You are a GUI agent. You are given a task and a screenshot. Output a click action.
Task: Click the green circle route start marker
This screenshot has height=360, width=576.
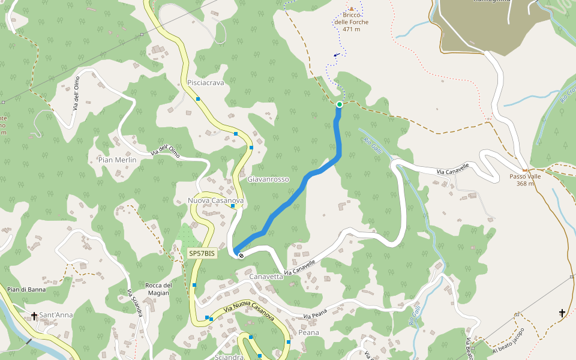339,104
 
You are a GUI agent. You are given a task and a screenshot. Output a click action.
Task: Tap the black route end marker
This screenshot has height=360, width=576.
241,256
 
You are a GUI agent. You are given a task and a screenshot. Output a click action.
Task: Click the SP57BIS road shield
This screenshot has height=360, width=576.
202,254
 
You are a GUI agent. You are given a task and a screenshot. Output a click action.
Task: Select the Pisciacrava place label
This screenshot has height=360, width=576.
205,83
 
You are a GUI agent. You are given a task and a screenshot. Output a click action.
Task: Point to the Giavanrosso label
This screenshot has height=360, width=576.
268,179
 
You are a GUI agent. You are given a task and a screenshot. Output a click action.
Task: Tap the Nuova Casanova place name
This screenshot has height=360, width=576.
215,200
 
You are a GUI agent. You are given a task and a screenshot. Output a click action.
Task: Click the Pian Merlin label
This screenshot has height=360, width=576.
117,160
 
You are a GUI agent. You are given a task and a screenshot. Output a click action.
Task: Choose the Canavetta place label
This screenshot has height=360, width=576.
266,277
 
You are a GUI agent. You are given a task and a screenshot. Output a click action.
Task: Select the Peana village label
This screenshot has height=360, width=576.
308,332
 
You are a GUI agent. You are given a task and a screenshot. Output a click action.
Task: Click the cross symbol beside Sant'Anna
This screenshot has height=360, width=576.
34,315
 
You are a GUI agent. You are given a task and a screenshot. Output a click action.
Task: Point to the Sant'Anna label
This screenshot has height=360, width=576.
58,315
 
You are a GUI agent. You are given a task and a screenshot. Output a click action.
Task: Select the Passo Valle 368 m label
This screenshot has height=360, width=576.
525,180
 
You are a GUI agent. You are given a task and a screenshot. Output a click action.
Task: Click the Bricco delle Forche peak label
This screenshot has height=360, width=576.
352,22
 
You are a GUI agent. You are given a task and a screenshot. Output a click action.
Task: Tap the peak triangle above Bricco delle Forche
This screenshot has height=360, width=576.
352,9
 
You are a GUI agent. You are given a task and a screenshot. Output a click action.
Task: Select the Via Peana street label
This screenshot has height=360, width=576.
315,316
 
